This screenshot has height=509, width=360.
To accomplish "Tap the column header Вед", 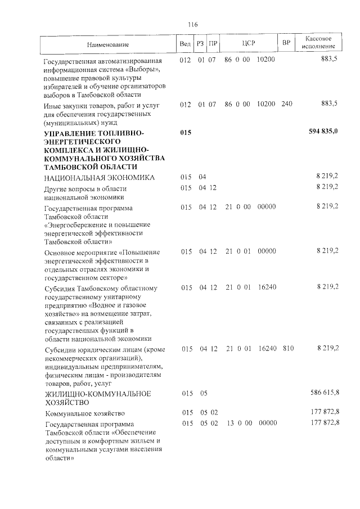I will click(185, 44).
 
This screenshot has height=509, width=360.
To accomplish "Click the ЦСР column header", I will click(249, 44).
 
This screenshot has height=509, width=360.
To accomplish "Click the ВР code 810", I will click(288, 349).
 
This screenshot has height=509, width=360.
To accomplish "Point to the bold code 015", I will click(186, 132).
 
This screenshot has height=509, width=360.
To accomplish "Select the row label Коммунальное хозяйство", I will click(84, 413).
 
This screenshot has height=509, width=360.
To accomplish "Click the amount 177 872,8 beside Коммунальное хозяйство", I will click(324, 413).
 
